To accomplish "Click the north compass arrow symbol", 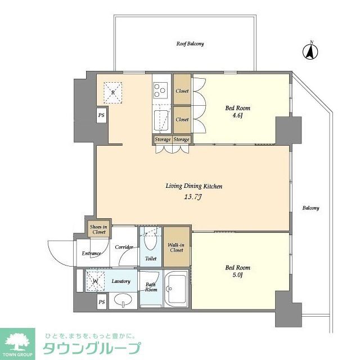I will tap(310, 52).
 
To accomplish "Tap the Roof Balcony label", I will tap(190, 44).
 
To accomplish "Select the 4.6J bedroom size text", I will tap(237, 116).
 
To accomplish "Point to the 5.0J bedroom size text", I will tap(237, 276).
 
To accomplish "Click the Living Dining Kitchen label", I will tap(190, 186).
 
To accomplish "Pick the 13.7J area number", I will tap(190, 197).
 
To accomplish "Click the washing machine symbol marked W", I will tap(96, 281).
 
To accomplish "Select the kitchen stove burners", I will tap(160, 89).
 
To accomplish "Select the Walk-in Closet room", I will tap(177, 247).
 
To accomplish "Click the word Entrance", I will tap(91, 254).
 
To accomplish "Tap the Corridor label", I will tap(124, 247).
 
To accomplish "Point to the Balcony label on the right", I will tap(310, 208).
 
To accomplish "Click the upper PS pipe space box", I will tap(101, 115).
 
